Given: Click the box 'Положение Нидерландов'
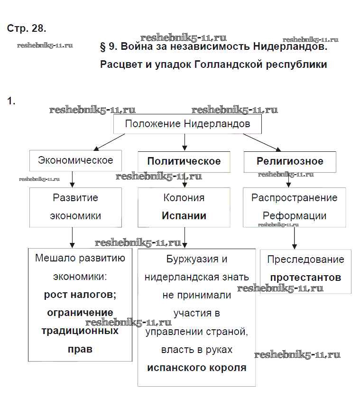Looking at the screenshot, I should (x=187, y=124).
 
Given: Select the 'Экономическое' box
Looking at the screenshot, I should (x=75, y=160).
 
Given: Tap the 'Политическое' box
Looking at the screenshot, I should (x=184, y=161).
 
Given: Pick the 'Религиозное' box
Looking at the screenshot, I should (x=290, y=161).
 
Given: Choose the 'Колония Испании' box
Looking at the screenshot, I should (x=184, y=206).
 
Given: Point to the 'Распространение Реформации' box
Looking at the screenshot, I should (x=294, y=206).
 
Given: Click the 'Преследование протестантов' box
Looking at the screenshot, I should (x=305, y=269).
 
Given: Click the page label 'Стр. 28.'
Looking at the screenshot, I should (x=27, y=28).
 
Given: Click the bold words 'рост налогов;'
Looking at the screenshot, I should (x=80, y=295).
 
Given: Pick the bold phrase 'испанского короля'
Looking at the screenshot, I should (x=197, y=368).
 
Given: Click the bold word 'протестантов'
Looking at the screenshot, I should (x=305, y=278).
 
